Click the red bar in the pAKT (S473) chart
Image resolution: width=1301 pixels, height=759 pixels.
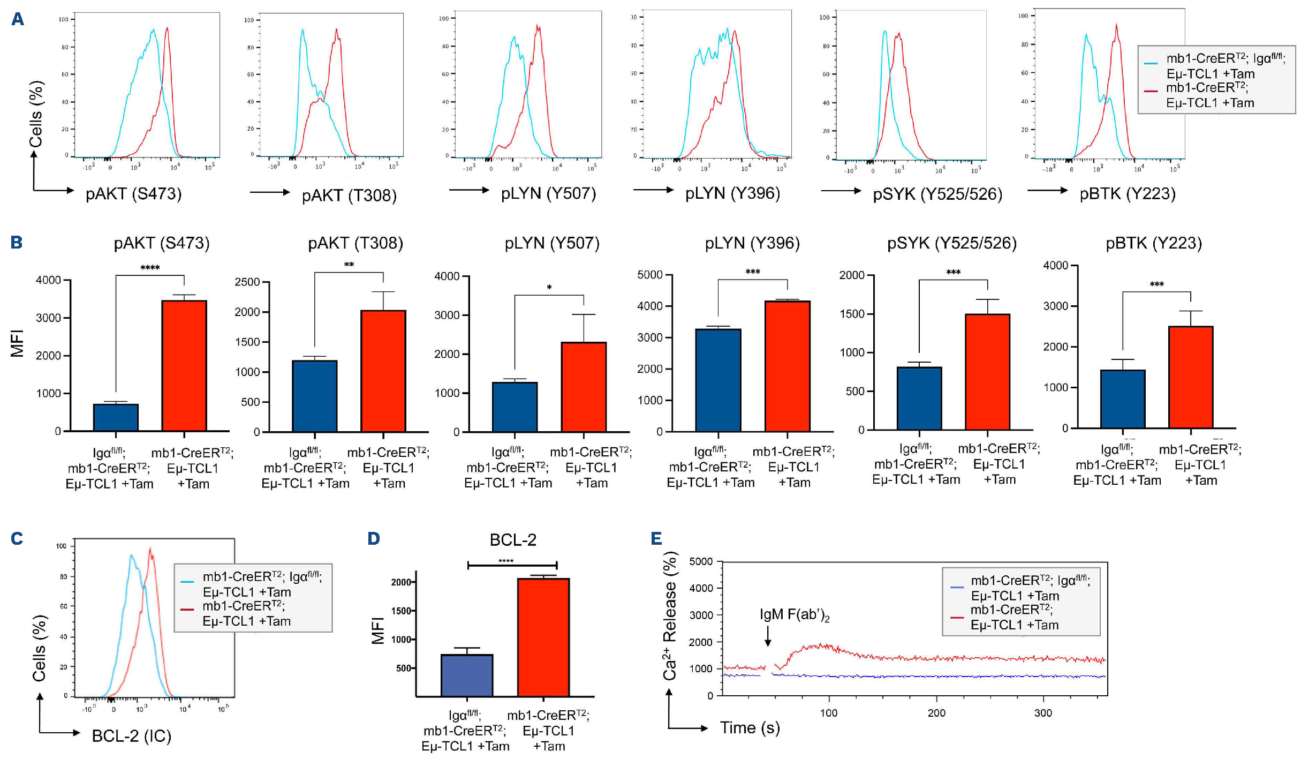point(184,366)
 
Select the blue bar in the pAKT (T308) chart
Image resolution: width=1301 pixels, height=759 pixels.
point(315,396)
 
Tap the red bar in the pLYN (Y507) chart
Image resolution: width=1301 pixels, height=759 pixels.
point(584,387)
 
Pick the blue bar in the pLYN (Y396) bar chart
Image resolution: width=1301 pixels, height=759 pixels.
point(718,380)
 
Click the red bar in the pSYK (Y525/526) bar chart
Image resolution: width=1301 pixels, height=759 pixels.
point(987,372)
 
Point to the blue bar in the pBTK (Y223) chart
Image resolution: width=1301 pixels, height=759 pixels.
point(1123,399)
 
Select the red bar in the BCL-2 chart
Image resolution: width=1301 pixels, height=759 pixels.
point(543,637)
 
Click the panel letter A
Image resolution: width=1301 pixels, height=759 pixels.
point(18,19)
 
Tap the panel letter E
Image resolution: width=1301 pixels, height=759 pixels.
point(656,538)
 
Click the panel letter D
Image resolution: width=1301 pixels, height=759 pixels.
point(374,538)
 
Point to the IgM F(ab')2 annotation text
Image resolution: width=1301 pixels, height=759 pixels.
point(794,614)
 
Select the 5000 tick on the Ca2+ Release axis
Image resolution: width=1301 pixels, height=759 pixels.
point(701,561)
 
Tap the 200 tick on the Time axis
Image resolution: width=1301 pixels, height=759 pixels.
point(936,713)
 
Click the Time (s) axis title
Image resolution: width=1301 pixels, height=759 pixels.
point(750,728)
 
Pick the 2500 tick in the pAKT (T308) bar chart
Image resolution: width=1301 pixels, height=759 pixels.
point(247,282)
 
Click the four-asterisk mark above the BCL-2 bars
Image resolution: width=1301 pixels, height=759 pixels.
point(506,561)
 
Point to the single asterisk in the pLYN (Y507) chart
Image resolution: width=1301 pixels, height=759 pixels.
point(549,288)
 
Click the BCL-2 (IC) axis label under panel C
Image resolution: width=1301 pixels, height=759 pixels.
point(132,736)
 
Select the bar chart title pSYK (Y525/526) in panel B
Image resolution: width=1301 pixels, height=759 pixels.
point(952,243)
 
